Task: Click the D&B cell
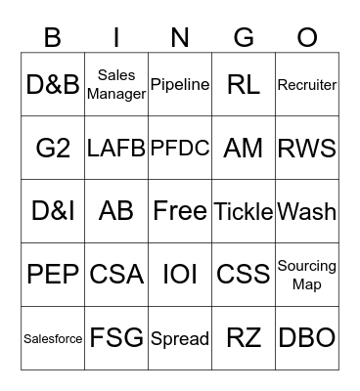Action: [53, 85]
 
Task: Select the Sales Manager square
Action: [116, 85]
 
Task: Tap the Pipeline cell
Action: [180, 85]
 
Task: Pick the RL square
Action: [244, 85]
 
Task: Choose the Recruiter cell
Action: [307, 85]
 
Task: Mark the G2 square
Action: [53, 149]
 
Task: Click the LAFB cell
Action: [116, 149]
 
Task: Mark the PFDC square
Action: [180, 149]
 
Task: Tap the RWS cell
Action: [307, 149]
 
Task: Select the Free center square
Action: [180, 211]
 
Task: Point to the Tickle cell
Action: [244, 211]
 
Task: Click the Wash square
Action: [307, 211]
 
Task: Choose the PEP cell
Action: [53, 275]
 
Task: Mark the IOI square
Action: [180, 275]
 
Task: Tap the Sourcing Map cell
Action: [307, 275]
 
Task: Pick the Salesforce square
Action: [53, 338]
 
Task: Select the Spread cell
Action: [180, 338]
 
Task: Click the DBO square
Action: [307, 338]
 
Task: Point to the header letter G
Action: [244, 37]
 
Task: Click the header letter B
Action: [53, 37]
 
